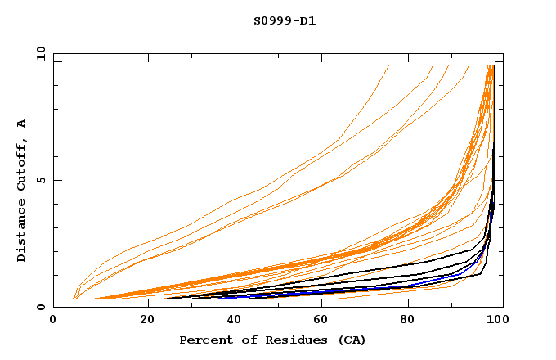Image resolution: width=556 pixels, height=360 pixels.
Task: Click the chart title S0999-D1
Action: tap(285, 21)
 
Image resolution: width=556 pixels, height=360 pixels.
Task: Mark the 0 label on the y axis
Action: tap(40, 308)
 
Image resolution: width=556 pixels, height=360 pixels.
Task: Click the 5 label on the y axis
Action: tap(40, 180)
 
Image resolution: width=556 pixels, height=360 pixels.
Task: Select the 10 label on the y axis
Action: tap(38, 53)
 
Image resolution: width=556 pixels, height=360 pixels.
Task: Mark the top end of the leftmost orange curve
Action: tap(388, 66)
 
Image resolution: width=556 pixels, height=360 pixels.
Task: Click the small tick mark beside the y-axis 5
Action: tap(56, 180)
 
